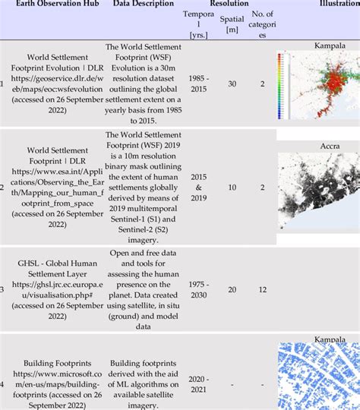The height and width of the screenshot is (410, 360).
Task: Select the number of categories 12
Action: [262, 289]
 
